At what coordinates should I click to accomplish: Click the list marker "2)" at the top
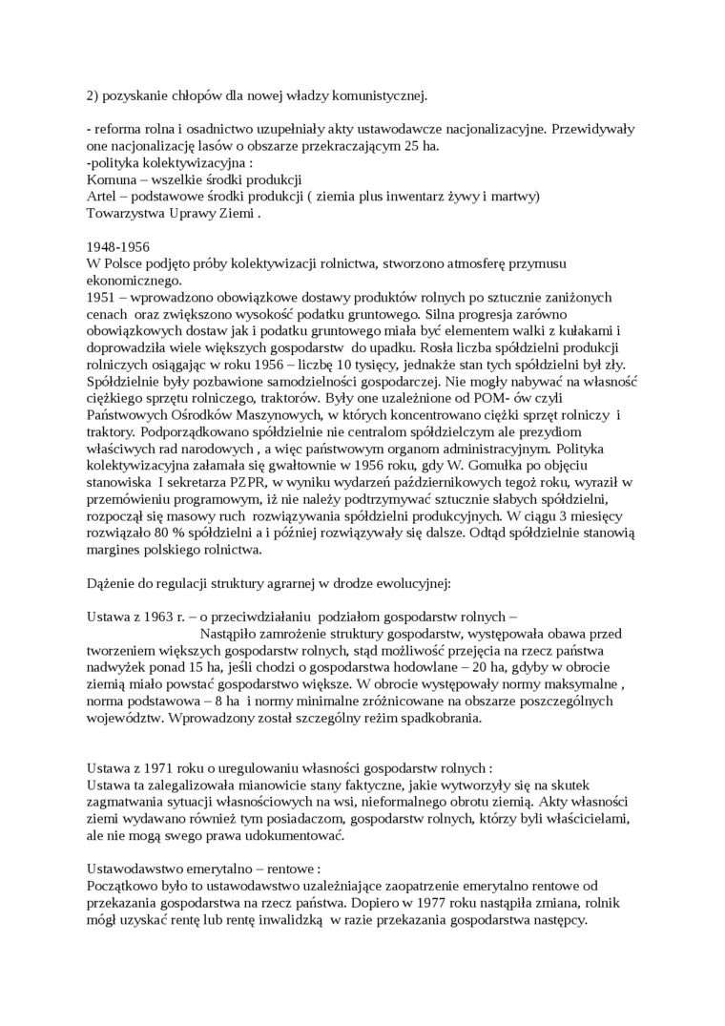tap(93, 94)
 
